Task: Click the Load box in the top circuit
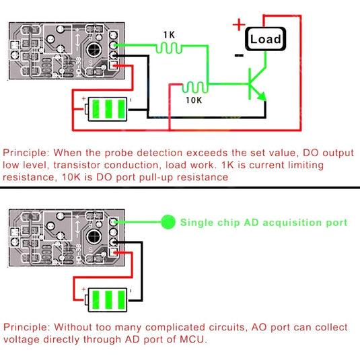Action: tap(265, 39)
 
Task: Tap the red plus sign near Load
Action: tap(238, 26)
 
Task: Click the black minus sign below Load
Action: tap(239, 56)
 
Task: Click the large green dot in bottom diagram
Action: tap(168, 221)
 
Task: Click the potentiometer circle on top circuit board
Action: tap(94, 48)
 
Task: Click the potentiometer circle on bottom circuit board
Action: tap(94, 237)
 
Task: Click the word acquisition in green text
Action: tap(273, 221)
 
